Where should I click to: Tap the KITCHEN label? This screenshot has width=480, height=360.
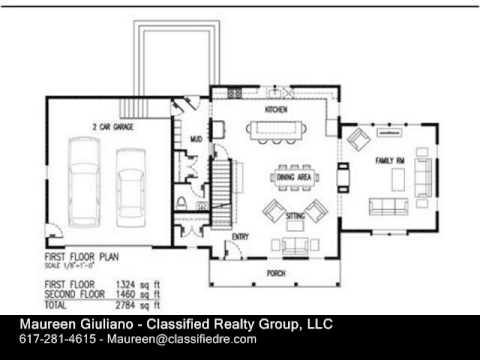(276, 109)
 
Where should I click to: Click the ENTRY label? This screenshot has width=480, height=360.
(241, 236)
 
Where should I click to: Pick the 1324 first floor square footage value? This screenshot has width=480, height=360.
(133, 285)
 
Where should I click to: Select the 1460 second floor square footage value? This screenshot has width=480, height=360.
(133, 294)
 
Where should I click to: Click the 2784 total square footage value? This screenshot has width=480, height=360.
(133, 304)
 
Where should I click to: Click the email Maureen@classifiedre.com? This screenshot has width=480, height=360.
(184, 339)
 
